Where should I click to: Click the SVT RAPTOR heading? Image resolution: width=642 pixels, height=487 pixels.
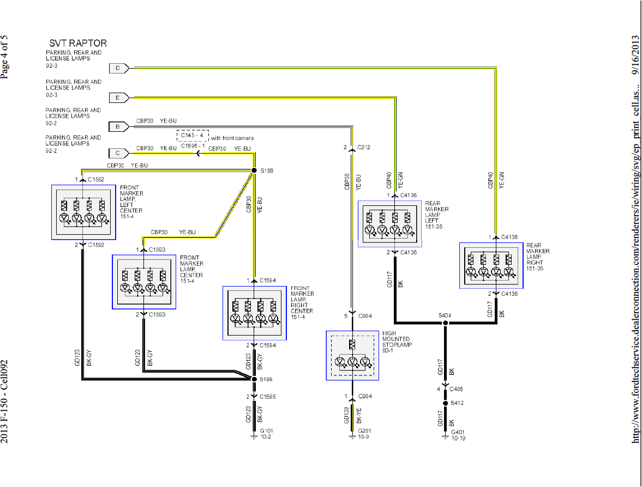pyautogui.click(x=78, y=43)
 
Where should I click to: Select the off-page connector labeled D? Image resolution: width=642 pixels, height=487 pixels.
pyautogui.click(x=118, y=68)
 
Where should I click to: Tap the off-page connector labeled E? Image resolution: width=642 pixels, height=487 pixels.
pyautogui.click(x=118, y=98)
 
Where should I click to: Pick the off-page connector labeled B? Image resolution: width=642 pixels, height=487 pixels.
pyautogui.click(x=118, y=127)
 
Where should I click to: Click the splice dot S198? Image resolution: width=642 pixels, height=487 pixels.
pyautogui.click(x=254, y=171)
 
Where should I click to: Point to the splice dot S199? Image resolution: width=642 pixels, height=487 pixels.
pyautogui.click(x=254, y=379)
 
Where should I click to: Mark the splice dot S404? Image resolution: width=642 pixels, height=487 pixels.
pyautogui.click(x=445, y=323)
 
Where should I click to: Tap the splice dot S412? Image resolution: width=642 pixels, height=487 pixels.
pyautogui.click(x=445, y=404)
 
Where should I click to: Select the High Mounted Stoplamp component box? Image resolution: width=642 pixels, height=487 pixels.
pyautogui.click(x=352, y=355)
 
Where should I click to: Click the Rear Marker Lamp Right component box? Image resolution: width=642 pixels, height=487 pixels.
pyautogui.click(x=491, y=266)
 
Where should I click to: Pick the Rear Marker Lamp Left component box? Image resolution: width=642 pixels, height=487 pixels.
pyautogui.click(x=389, y=224)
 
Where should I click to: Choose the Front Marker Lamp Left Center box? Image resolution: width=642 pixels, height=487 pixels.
pyautogui.click(x=83, y=212)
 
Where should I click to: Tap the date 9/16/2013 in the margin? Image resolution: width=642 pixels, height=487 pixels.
pyautogui.click(x=635, y=54)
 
